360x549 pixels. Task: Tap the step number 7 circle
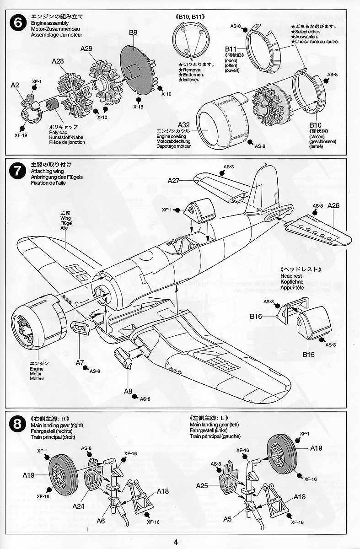tap(17, 172)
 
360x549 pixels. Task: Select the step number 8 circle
tap(17, 425)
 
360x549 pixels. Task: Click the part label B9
tap(133, 32)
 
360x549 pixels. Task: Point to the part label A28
tap(58, 61)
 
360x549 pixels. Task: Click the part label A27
tap(173, 181)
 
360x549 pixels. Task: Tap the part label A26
tap(334, 205)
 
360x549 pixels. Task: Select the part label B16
tap(256, 316)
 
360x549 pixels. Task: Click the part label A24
tap(78, 506)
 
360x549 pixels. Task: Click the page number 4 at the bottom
tap(176, 542)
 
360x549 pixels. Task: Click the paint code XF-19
tap(21, 135)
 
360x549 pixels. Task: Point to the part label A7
tap(80, 363)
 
